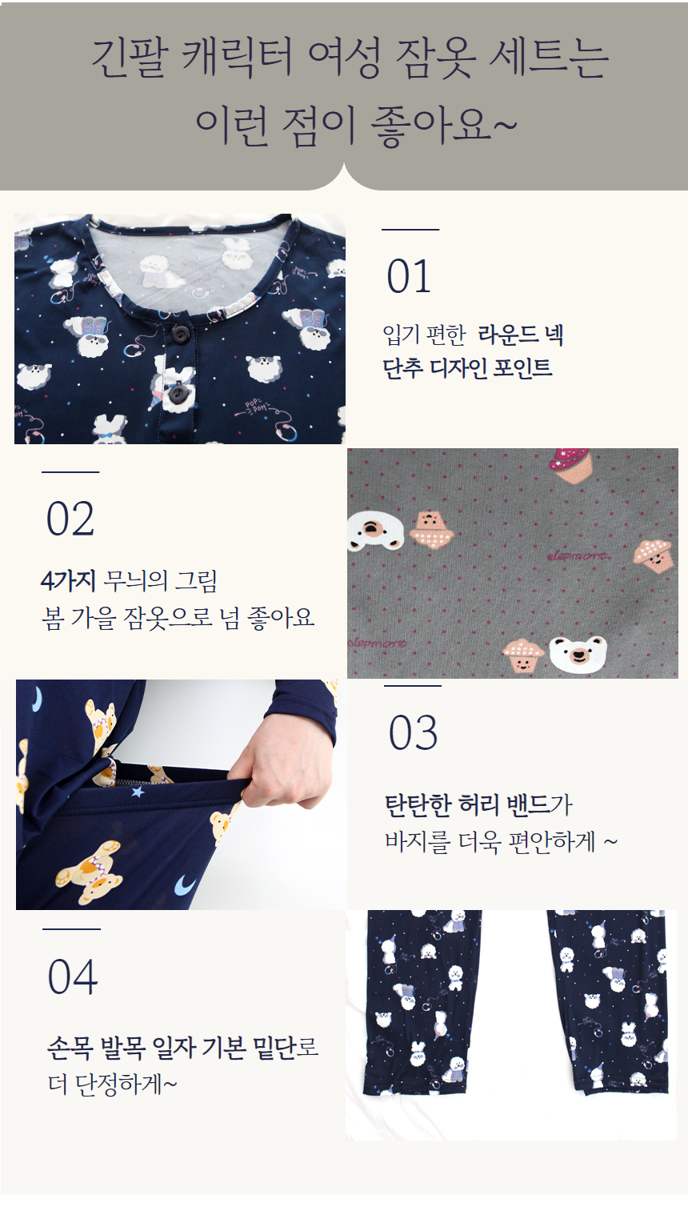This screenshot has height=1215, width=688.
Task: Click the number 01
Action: click(x=409, y=277)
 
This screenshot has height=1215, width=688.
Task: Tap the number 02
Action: click(x=70, y=519)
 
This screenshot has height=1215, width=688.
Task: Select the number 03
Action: click(x=413, y=733)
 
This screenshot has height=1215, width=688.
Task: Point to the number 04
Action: click(x=73, y=977)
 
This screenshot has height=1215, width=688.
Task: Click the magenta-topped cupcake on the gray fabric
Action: click(x=570, y=465)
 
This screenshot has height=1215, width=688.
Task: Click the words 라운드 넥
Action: click(x=521, y=335)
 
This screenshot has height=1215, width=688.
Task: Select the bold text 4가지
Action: click(x=68, y=580)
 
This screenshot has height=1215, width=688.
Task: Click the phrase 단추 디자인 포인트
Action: click(x=467, y=368)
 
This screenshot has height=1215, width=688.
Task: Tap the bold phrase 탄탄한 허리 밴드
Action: click(x=467, y=804)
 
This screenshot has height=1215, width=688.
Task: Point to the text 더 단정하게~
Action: click(x=112, y=1084)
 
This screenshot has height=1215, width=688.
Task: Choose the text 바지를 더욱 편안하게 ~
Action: click(x=501, y=842)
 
